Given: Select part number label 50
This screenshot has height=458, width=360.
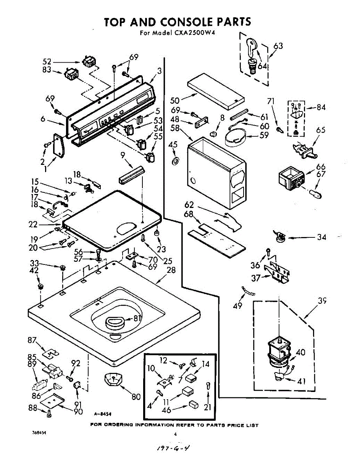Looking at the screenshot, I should click(175, 100).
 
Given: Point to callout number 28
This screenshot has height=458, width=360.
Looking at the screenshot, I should click(171, 271).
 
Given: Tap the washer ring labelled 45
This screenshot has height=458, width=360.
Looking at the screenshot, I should click(175, 159).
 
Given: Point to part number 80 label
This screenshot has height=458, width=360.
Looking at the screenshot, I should click(136, 396).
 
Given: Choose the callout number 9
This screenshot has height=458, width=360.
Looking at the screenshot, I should click(123, 155).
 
